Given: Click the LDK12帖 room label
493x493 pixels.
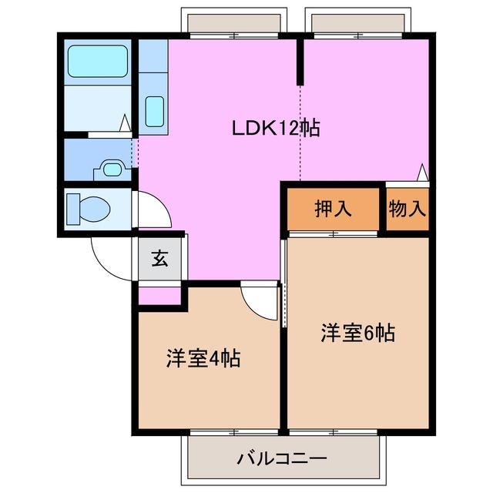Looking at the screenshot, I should pyautogui.click(x=276, y=128).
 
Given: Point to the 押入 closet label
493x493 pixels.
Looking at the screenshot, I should pyautogui.click(x=333, y=209).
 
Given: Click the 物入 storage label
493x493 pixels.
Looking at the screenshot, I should pyautogui.click(x=407, y=209).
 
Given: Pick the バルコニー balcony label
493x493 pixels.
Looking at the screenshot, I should pyautogui.click(x=281, y=458).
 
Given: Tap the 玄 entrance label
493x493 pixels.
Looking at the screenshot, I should pyautogui.click(x=159, y=259).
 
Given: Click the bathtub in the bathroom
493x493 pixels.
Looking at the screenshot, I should pyautogui.click(x=97, y=61).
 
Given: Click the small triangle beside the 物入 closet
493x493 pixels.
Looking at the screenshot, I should pyautogui.click(x=422, y=172).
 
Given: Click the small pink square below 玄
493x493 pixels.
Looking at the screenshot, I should pyautogui.click(x=159, y=295).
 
